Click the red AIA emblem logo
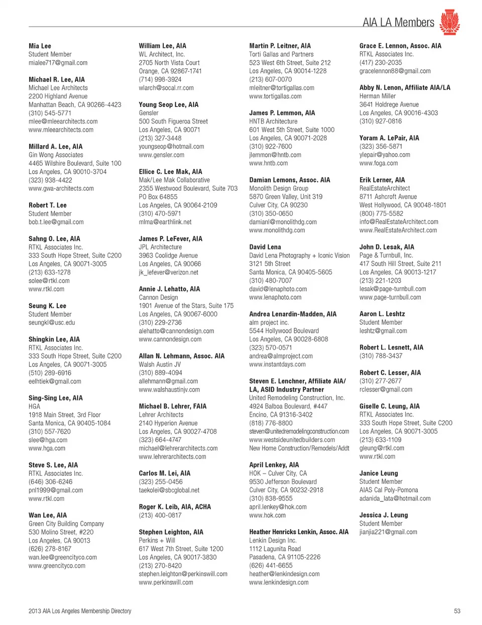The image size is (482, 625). [449, 22]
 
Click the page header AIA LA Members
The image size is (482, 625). [398, 23]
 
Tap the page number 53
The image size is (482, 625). [457, 611]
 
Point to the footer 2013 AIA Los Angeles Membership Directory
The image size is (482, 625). [80, 611]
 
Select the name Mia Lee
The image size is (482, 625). [40, 46]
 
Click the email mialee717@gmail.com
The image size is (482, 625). [58, 63]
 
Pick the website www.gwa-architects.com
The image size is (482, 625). [61, 188]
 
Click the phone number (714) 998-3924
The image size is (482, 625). [160, 79]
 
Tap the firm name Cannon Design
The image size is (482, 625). [158, 297]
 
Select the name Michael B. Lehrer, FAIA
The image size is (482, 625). [172, 406]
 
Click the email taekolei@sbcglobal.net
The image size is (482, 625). [169, 490]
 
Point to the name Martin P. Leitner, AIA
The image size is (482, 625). [280, 46]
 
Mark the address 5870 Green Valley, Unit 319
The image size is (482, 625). [286, 197]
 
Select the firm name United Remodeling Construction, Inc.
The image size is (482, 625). [297, 398]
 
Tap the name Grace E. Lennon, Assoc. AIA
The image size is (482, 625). [400, 46]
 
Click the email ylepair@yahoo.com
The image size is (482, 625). [385, 155]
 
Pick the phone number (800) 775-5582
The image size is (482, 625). [381, 213]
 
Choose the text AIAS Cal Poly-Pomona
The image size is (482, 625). [389, 490]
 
